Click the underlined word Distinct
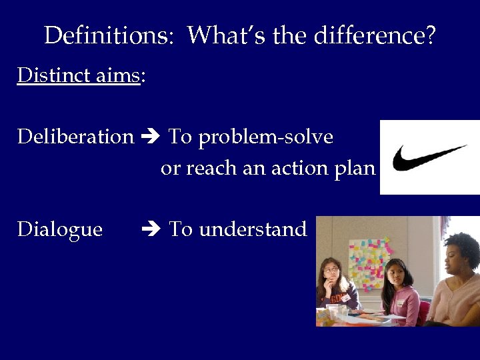point(44,75)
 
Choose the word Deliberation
point(75,137)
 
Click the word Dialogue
point(60,229)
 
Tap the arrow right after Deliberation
point(151,137)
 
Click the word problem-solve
point(266,137)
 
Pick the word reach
point(212,169)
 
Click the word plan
point(357,169)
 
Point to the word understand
point(253,229)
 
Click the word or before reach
point(171,169)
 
